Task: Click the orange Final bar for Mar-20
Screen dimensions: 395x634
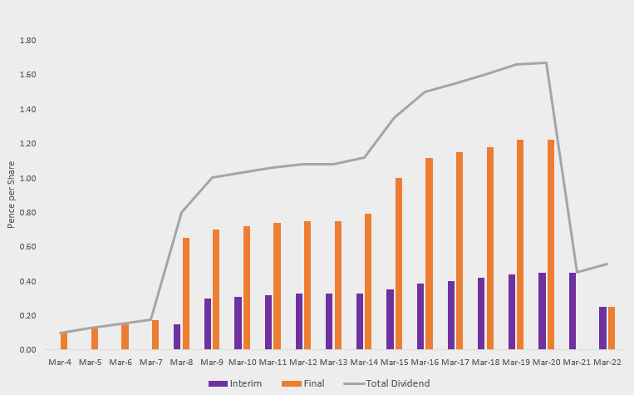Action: (x=550, y=244)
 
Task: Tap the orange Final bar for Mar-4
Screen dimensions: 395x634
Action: (x=64, y=341)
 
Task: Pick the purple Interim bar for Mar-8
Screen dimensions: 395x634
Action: (x=177, y=337)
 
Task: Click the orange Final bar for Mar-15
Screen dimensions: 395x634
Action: (x=399, y=264)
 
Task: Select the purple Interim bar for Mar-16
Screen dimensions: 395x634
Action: (x=420, y=316)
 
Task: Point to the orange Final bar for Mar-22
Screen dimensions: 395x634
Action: (x=612, y=328)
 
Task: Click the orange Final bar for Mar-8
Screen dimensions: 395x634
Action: (x=186, y=294)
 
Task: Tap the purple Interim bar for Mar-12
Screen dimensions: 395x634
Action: (x=299, y=321)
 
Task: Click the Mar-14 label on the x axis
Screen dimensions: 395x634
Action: (x=364, y=363)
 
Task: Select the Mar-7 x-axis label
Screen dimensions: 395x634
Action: (x=150, y=363)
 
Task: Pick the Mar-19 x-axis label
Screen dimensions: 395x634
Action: (x=516, y=363)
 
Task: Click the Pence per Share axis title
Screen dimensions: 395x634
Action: (x=12, y=195)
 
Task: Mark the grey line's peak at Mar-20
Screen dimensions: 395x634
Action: (x=546, y=62)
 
